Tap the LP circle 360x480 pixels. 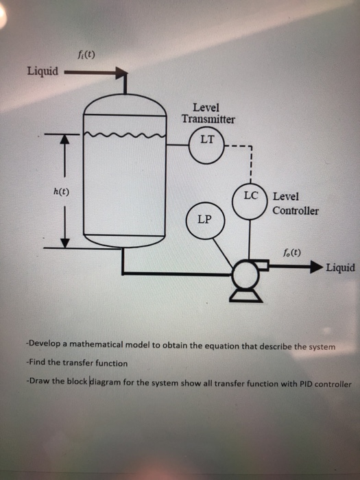204,220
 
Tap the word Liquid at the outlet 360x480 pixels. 340,267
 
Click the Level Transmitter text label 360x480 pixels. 208,113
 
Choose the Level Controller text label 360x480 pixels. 295,204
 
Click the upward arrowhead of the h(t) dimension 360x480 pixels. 66,141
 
